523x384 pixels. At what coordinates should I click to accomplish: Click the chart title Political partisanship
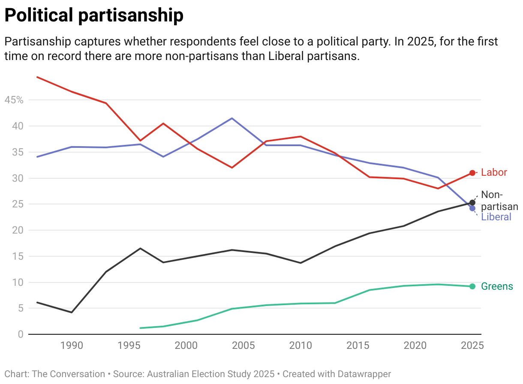click(x=93, y=16)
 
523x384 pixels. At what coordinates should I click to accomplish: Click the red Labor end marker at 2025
click(x=472, y=173)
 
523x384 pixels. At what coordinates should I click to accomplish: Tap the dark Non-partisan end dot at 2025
click(x=472, y=202)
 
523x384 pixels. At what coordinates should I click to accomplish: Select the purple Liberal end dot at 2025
click(x=472, y=208)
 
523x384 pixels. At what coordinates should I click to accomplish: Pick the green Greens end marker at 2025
click(x=472, y=286)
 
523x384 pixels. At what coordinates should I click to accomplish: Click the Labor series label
click(x=494, y=173)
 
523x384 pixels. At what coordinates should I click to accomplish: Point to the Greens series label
click(x=497, y=286)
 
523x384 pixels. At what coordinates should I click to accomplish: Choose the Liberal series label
click(x=496, y=217)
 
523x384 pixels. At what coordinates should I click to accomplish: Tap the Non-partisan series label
click(x=493, y=201)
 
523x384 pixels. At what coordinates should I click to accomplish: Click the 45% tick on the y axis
click(x=14, y=100)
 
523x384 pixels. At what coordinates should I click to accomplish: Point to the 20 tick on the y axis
click(x=17, y=231)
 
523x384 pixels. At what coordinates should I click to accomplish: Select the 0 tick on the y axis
click(x=20, y=334)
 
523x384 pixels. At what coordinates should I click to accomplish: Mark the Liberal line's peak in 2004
click(x=232, y=118)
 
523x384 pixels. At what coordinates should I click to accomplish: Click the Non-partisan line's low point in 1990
click(x=72, y=312)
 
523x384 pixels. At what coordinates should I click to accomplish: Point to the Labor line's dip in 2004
click(x=232, y=168)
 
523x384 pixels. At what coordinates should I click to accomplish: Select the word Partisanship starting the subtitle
click(x=38, y=42)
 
